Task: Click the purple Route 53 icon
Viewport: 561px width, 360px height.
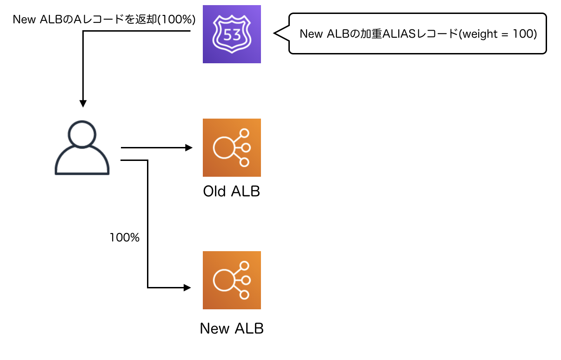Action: pos(232,34)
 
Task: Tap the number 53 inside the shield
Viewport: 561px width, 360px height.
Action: pos(232,34)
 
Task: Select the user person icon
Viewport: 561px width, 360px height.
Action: pos(82,148)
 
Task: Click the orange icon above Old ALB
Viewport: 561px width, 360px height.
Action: pos(232,147)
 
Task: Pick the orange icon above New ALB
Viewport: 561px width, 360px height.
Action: pos(232,280)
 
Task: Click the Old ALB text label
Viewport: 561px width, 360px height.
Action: pos(232,191)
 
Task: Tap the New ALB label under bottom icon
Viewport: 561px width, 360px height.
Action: pos(232,328)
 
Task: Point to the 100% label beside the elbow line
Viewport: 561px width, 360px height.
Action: pos(125,237)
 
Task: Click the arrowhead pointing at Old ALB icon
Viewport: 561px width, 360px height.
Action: pos(189,148)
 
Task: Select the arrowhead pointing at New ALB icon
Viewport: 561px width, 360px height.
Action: pos(187,287)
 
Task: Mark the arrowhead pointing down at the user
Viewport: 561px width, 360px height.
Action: pos(83,104)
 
